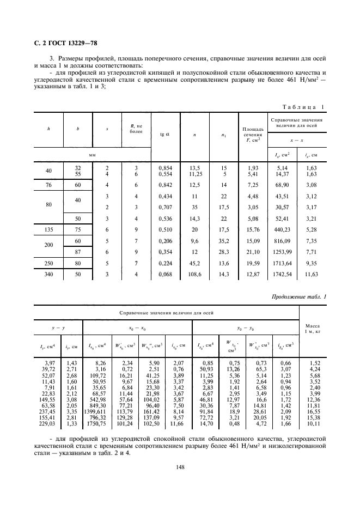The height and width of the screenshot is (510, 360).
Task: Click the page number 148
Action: click(180, 481)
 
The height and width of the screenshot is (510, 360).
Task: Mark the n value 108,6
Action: click(193, 275)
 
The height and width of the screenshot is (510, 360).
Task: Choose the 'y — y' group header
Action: click(59, 329)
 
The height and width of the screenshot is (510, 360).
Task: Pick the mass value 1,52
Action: click(315, 362)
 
